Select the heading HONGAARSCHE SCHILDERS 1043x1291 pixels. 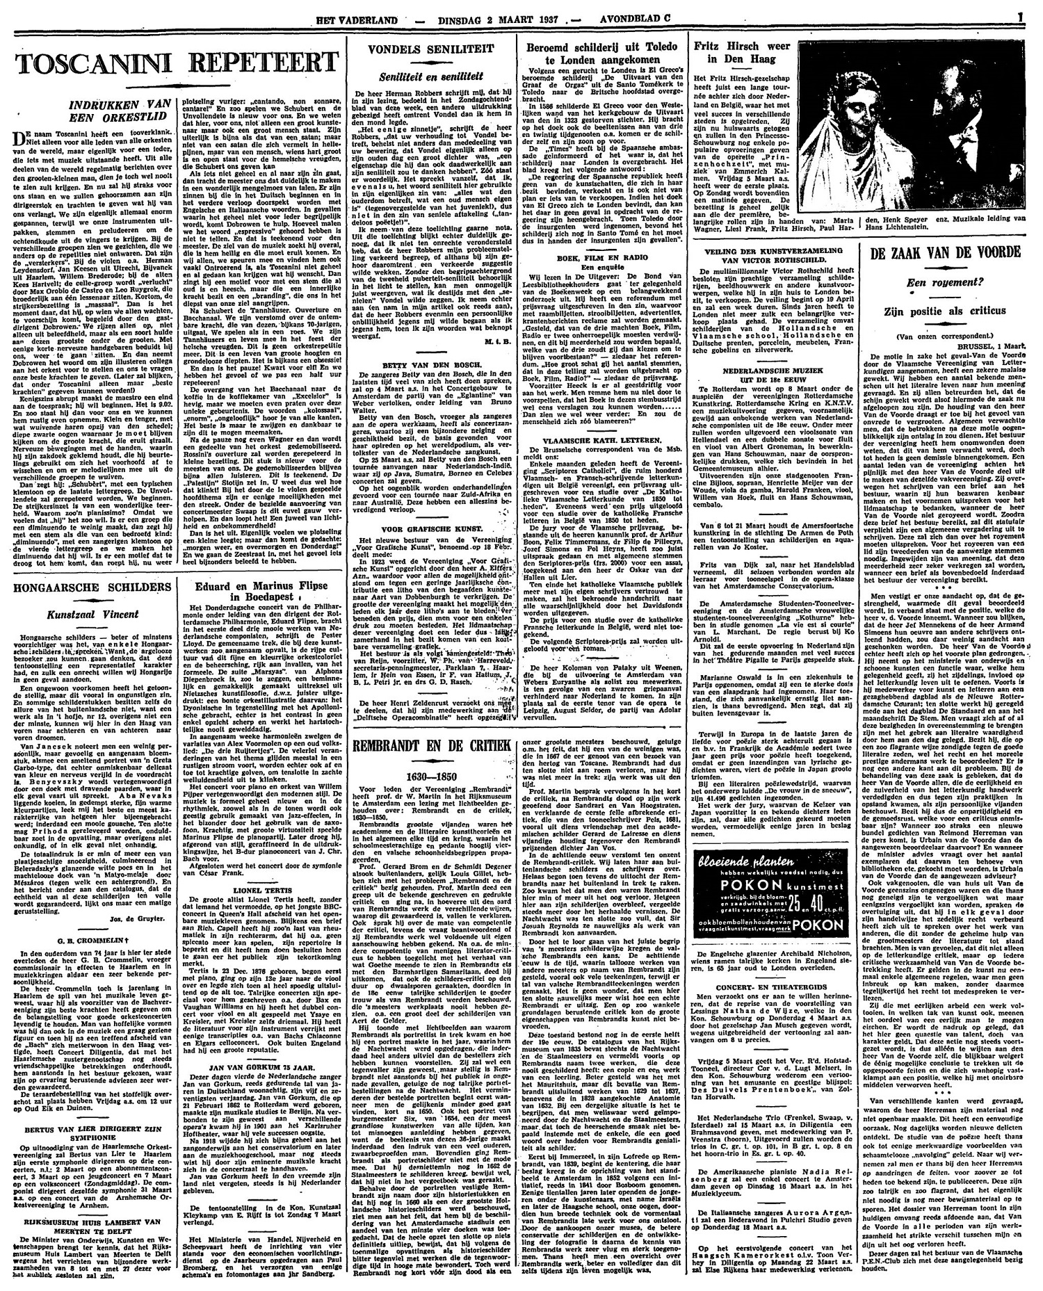point(89,549)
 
